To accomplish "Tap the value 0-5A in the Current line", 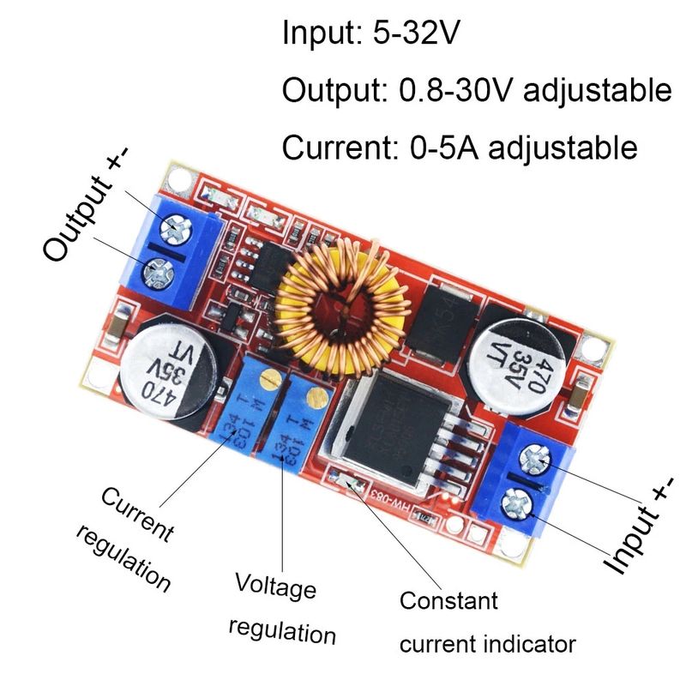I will click(x=454, y=147).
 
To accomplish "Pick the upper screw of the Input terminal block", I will click(x=538, y=462).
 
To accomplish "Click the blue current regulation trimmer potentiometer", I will click(x=249, y=407).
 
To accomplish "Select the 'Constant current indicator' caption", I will click(x=486, y=622).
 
